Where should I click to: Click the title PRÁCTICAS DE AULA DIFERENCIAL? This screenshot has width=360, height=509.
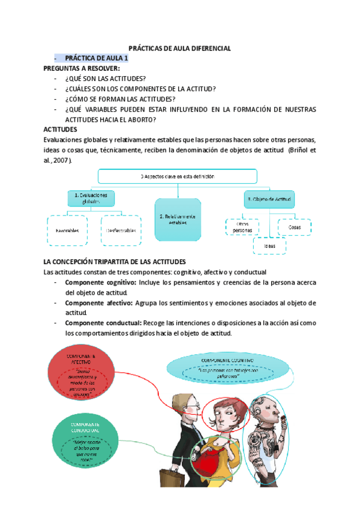180,48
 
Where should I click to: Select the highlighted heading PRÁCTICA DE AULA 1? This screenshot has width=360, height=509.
96,58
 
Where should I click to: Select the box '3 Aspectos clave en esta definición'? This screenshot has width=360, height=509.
178,176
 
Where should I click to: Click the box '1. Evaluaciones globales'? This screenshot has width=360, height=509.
91,199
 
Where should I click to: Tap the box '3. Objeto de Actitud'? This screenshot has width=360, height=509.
266,198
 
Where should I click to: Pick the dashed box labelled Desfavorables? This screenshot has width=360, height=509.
121,230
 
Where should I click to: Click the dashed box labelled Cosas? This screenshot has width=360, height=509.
295,227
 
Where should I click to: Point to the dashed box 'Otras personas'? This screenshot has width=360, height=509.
244,227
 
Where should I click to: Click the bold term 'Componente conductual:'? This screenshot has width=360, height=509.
103,323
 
